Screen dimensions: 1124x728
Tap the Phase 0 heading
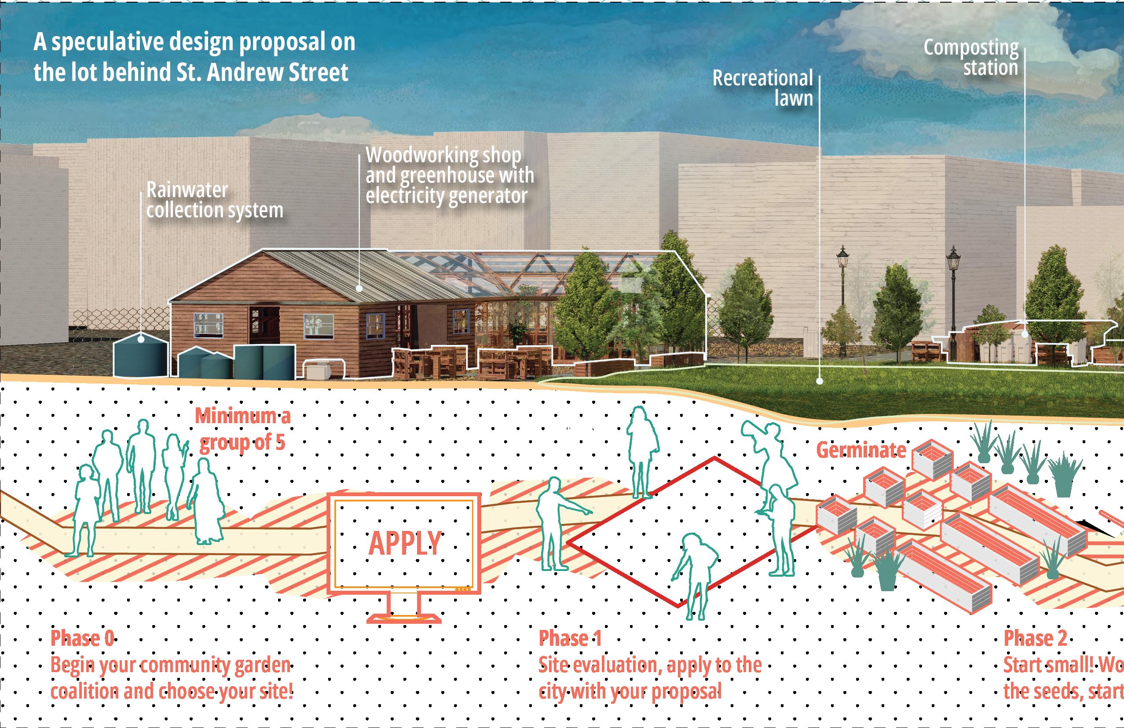82,638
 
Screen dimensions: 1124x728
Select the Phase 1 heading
570,638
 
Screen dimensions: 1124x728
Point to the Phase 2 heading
1035,638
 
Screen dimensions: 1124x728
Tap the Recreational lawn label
763,88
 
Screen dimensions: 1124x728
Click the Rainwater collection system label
214,201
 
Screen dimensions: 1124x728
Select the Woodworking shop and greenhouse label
449,175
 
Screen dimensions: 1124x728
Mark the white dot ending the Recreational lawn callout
820,380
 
